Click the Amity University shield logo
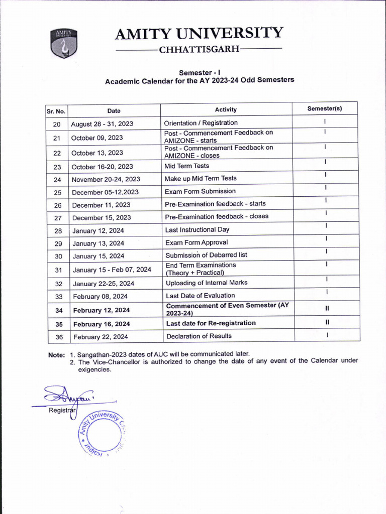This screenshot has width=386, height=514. pyautogui.click(x=63, y=44)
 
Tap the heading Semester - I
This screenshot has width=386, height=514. pyautogui.click(x=200, y=72)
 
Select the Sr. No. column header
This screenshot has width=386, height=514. pyautogui.click(x=56, y=111)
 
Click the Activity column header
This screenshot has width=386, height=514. pyautogui.click(x=226, y=109)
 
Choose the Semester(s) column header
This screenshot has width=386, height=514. pyautogui.click(x=325, y=109)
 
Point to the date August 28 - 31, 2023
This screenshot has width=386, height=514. pyautogui.click(x=102, y=123)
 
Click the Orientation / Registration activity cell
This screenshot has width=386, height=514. pyautogui.click(x=201, y=123)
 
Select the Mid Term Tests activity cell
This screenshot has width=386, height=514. pyautogui.click(x=186, y=166)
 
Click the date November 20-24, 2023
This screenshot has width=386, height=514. pyautogui.click(x=106, y=179)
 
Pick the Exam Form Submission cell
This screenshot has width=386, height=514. pyautogui.click(x=200, y=191)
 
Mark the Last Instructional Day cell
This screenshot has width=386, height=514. pyautogui.click(x=197, y=229)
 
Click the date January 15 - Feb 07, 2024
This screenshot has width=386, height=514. pyautogui.click(x=112, y=270)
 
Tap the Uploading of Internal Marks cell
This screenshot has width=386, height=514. pyautogui.click(x=207, y=283)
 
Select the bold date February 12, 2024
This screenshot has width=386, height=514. pyautogui.click(x=102, y=310)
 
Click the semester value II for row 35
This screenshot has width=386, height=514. pyautogui.click(x=327, y=323)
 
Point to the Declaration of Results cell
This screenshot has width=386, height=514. pyautogui.click(x=199, y=336)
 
